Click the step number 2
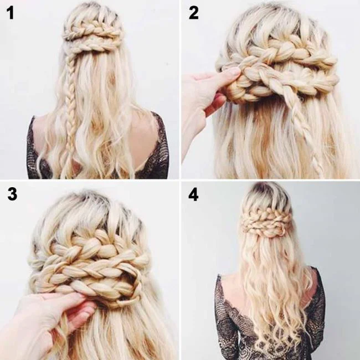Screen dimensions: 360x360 pyautogui.click(x=193, y=12)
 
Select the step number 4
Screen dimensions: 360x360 pyautogui.click(x=193, y=195)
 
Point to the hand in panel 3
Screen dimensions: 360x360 pyautogui.click(x=53, y=316)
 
